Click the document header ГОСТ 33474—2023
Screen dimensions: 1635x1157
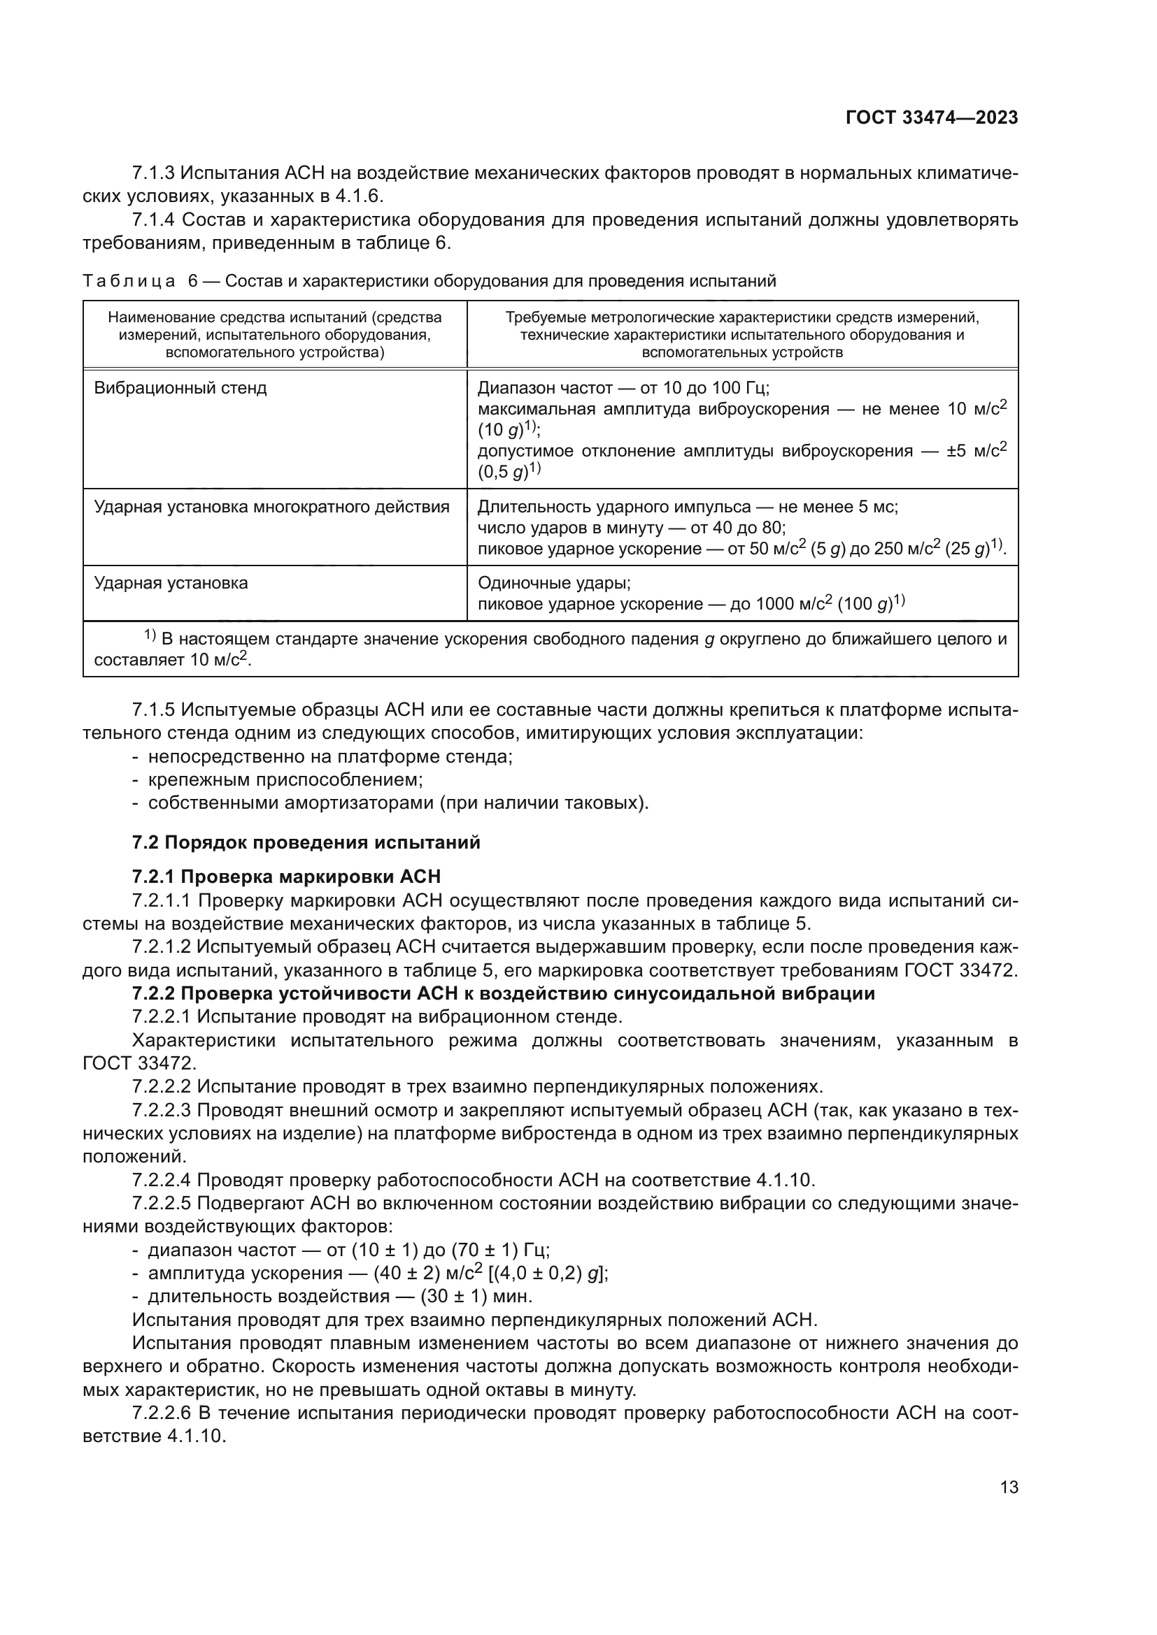coord(931,118)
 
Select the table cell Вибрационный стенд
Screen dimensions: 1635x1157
coord(180,389)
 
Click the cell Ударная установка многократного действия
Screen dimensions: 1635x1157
coord(271,507)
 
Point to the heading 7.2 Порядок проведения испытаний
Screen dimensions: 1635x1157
coord(306,842)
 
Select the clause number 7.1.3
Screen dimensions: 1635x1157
coord(153,173)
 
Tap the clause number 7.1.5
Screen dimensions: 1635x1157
coord(153,710)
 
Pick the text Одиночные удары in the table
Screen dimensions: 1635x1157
coord(553,583)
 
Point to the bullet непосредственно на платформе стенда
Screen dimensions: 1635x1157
coord(330,756)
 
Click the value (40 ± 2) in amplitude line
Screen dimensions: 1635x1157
coord(401,1273)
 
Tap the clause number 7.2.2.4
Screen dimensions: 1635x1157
coord(162,1180)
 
